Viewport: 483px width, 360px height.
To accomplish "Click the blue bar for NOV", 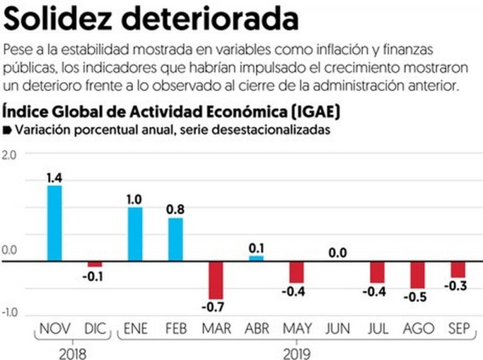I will point(54,223).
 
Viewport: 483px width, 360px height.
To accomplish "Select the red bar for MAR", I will point(216,280).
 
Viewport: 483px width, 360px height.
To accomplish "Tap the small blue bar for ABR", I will point(256,258).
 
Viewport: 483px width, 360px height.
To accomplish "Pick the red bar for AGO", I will point(417,275).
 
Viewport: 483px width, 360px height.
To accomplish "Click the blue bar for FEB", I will point(175,239).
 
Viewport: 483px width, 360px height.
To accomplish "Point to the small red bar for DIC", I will point(95,264).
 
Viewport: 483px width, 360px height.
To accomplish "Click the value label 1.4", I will point(54,178).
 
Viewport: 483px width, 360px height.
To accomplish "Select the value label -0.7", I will point(216,307).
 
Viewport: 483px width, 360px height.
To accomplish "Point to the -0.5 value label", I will point(417,297).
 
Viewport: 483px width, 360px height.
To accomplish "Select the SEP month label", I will point(458,329).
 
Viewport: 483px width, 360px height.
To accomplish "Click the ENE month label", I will point(135,329).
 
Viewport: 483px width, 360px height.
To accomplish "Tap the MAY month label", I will point(296,329).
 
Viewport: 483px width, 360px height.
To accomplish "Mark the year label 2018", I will point(74,350).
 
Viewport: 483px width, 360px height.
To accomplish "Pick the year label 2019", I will point(296,350).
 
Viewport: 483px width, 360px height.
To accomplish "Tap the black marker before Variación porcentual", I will point(7,130).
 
